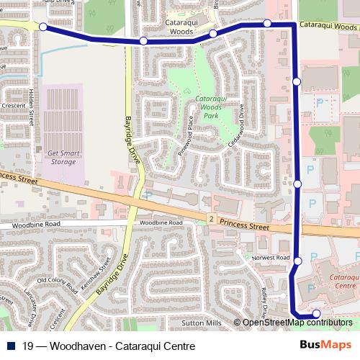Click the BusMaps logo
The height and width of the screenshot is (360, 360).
326,345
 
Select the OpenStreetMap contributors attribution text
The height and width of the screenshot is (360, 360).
297,323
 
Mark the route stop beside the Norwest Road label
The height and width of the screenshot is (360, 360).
298,260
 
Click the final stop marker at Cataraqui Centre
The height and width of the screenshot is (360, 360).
316,314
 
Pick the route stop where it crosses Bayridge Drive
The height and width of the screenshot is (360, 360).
143,41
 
